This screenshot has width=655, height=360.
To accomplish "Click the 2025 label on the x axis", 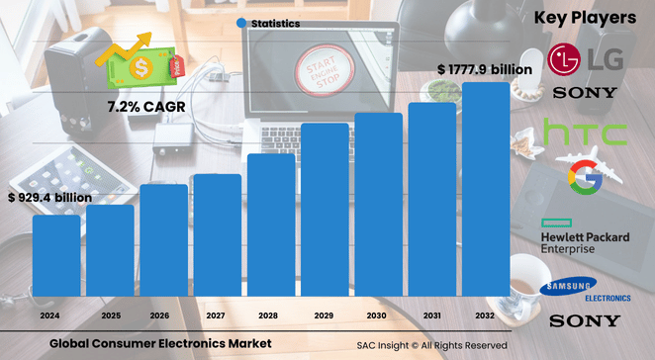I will tap(110, 315).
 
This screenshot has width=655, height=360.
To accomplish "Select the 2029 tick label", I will tap(325, 315).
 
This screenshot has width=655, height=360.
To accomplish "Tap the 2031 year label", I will tap(432, 315).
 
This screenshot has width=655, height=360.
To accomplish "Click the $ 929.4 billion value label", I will tap(49, 198).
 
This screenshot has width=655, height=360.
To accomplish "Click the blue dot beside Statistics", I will tap(241, 23).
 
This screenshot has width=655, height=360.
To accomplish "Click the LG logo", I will tap(586, 58).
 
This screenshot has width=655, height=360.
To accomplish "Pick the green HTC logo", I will tap(585, 133).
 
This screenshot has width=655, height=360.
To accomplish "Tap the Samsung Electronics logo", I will tap(584, 290).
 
